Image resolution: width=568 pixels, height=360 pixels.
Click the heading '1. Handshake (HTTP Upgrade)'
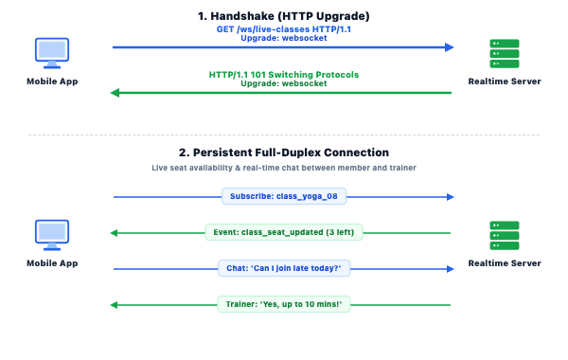pos(284,16)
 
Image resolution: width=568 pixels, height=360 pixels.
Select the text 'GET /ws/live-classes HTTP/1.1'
pos(284,29)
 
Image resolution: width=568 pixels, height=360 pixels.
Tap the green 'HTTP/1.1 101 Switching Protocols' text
pos(284,75)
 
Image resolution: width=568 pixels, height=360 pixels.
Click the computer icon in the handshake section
pos(52,53)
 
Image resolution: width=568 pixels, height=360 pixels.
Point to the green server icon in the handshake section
pos(505,54)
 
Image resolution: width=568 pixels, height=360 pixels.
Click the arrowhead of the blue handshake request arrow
pos(450,47)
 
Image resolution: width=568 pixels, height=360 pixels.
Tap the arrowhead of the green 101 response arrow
pos(115,93)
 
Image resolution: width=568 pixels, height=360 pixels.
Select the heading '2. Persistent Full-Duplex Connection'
pos(284,153)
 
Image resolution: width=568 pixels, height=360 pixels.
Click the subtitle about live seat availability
pos(284,168)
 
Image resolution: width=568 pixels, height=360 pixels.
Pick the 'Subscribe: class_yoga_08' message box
pos(284,196)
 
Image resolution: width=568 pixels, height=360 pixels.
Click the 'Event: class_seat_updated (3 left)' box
pos(284,232)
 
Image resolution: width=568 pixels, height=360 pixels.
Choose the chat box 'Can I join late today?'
pos(284,268)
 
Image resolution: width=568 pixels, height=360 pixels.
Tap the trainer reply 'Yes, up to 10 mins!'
pos(284,304)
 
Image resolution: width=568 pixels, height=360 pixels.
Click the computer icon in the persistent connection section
pos(52,235)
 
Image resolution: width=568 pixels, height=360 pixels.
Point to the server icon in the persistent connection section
pos(505,236)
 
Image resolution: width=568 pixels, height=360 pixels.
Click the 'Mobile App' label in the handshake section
pos(52,81)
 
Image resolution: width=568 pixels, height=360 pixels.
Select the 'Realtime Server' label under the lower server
pos(505,263)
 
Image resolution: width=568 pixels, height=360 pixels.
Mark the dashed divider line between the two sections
pos(284,135)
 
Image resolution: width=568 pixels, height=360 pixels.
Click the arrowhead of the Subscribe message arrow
pos(451,197)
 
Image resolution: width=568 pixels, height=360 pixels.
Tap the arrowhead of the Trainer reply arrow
pos(115,305)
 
